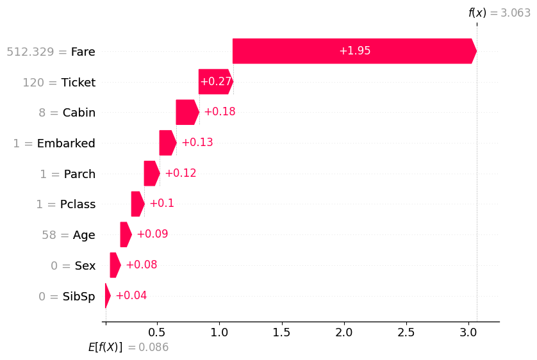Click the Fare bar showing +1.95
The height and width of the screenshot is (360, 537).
coord(354,51)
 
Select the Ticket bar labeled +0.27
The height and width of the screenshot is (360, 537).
coord(215,82)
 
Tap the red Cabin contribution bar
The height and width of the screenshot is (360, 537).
coord(187,112)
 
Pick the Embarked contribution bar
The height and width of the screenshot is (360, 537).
coord(167,143)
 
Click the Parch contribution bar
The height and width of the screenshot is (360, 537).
coord(151,174)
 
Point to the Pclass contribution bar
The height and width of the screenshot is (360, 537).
coord(137,204)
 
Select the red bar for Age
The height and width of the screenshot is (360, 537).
coord(126,234)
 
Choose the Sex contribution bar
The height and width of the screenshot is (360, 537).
coord(115,265)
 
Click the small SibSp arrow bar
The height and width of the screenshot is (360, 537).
coord(108,295)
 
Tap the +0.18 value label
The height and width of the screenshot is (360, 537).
coord(219,112)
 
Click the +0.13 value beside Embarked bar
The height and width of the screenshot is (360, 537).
coord(197,143)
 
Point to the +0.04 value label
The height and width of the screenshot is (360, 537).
coord(131,295)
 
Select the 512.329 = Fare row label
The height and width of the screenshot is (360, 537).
coord(51,52)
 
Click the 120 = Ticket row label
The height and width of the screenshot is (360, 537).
coord(59,83)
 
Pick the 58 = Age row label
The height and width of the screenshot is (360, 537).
coord(69,235)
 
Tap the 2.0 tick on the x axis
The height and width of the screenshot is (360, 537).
coord(344,332)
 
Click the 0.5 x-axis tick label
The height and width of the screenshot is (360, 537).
coord(156,332)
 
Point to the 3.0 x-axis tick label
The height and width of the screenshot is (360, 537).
coord(468,332)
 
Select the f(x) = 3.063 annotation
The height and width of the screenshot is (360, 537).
coord(499,13)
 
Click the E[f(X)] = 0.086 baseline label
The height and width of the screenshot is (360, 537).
coord(128,347)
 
